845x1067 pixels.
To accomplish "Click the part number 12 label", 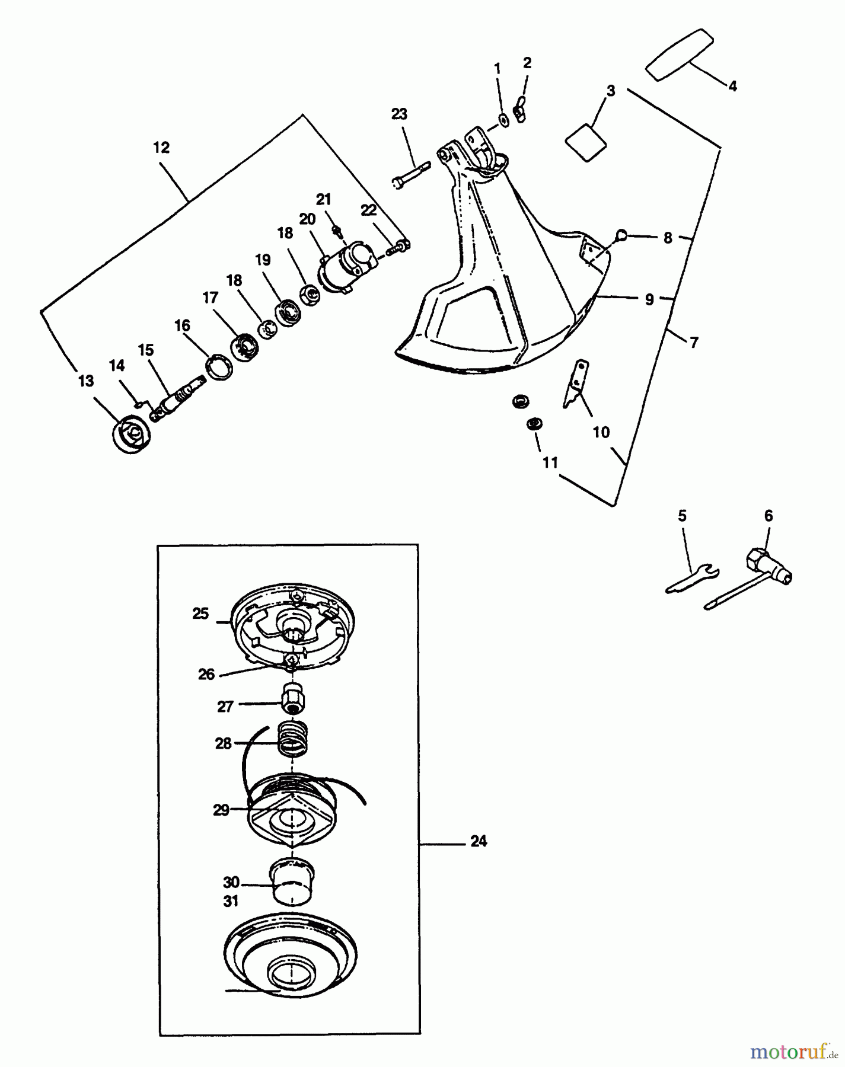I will [x=161, y=148].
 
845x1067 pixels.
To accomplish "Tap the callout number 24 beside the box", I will [x=478, y=841].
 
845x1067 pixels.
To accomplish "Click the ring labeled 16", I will [x=219, y=367].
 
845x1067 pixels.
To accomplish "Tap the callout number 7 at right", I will [x=694, y=342].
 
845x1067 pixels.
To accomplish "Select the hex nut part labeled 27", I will [x=294, y=700].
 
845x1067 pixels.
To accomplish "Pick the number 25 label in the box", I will [x=200, y=614].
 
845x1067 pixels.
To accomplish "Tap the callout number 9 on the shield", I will [x=649, y=300].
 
